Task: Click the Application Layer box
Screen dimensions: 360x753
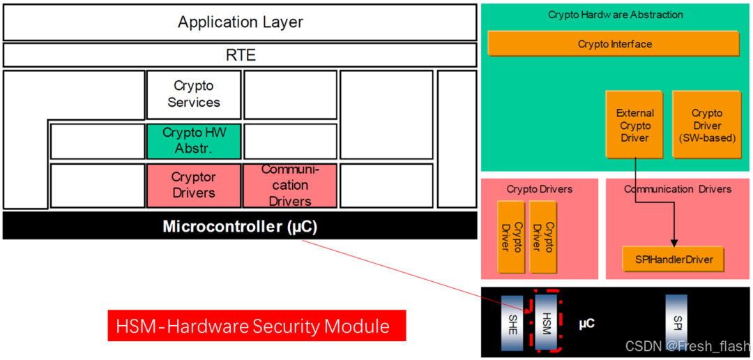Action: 240,22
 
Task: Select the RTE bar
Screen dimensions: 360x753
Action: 240,55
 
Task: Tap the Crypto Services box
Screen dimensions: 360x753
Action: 193,94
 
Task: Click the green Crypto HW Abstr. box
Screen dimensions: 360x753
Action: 193,140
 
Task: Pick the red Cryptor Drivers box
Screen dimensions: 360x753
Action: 193,186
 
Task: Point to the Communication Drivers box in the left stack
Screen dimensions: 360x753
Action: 289,186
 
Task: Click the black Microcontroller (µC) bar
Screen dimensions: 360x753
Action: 240,226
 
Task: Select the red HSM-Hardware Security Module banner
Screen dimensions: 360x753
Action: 257,326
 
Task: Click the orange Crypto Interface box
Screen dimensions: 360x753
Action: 614,44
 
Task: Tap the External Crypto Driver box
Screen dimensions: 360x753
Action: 634,126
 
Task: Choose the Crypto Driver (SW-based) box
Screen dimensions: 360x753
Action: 706,126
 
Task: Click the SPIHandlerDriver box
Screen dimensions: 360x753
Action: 673,260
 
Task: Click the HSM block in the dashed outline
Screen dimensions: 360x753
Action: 546,322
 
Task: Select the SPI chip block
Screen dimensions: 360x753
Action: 676,322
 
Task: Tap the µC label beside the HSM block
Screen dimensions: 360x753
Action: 586,324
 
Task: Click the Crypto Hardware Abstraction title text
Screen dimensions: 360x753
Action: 616,15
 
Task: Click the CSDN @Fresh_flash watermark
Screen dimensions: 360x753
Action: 687,347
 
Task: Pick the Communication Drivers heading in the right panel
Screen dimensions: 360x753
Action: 678,189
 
